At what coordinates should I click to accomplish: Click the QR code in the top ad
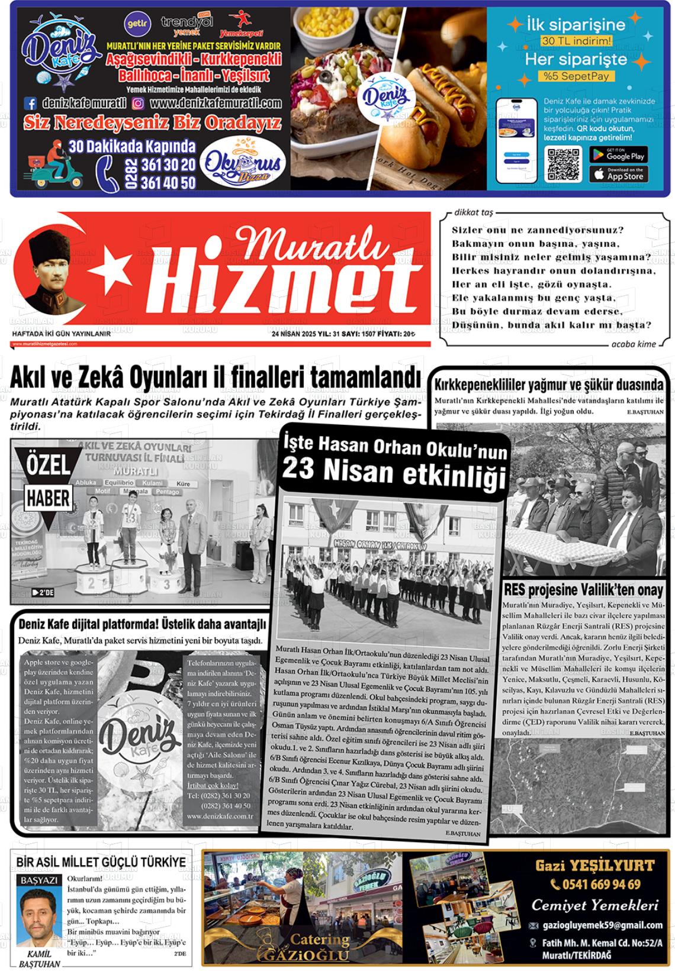(x=564, y=164)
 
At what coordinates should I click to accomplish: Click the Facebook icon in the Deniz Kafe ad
(x=30, y=104)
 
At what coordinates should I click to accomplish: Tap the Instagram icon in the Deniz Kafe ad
(x=138, y=104)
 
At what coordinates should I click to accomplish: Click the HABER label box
(x=48, y=498)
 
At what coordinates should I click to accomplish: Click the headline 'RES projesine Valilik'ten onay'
(x=583, y=590)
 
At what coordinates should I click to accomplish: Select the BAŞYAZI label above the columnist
(x=39, y=880)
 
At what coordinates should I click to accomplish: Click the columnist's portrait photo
(x=38, y=917)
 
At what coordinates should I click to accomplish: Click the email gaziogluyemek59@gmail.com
(x=602, y=925)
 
